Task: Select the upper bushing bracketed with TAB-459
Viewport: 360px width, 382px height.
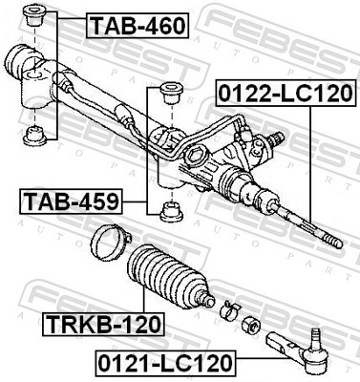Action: coord(174,94)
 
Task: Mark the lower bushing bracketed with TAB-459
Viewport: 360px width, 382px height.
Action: coord(173,211)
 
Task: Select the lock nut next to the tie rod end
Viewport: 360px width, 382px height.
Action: coord(250,322)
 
